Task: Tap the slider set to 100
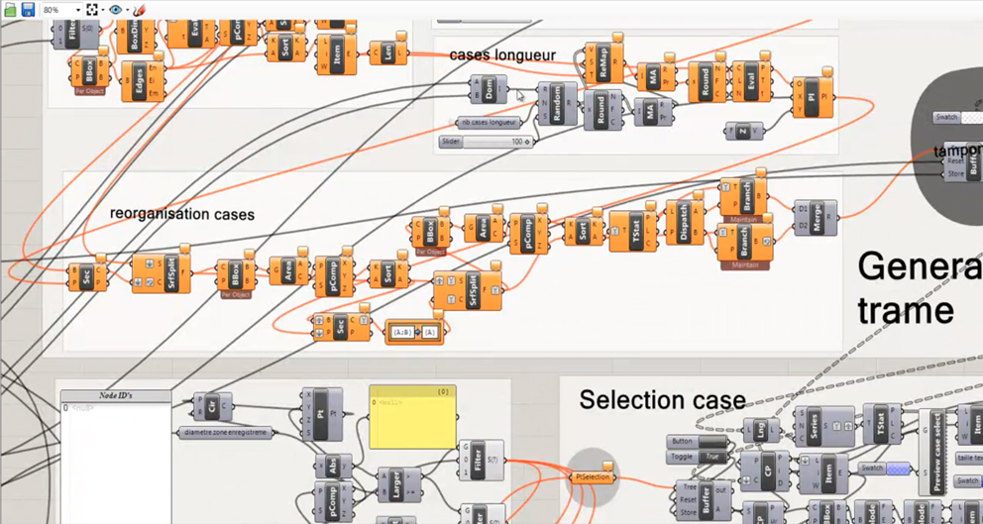pos(485,142)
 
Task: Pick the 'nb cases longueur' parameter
pos(488,123)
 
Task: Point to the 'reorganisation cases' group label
pos(182,214)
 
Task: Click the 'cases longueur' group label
pos(502,54)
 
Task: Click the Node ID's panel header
pos(115,396)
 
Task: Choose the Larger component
pos(396,486)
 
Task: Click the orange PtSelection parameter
pos(593,477)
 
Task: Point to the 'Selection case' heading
pos(662,400)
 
